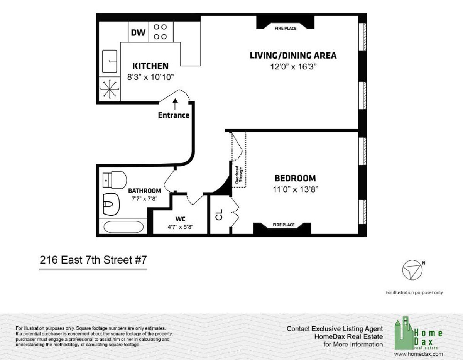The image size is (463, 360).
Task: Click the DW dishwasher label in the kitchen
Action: click(x=138, y=32)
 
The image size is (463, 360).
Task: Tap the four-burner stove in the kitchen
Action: click(x=161, y=32)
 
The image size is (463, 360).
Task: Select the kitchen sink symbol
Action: click(x=110, y=61)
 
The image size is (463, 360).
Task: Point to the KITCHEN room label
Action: click(x=150, y=66)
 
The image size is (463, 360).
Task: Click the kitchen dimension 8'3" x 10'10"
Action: click(x=150, y=77)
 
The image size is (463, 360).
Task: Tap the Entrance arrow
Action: click(x=175, y=104)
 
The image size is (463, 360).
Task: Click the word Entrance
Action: click(x=174, y=115)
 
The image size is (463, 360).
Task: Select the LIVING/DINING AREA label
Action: click(x=293, y=56)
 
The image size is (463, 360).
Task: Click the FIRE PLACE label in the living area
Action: click(x=285, y=28)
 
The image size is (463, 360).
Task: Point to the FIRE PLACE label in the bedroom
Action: click(x=284, y=225)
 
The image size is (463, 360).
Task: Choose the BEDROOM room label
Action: click(x=295, y=178)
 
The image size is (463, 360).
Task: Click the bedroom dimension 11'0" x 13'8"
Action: click(x=295, y=189)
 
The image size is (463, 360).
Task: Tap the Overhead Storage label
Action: click(x=238, y=175)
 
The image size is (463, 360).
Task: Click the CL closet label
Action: click(x=219, y=215)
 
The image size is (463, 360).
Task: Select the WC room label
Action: click(x=180, y=219)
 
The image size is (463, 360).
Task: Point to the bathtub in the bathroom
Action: click(x=123, y=226)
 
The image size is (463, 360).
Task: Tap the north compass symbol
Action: click(x=412, y=270)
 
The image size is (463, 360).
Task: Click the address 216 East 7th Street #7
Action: click(x=93, y=260)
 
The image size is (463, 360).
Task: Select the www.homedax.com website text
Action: click(x=419, y=354)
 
